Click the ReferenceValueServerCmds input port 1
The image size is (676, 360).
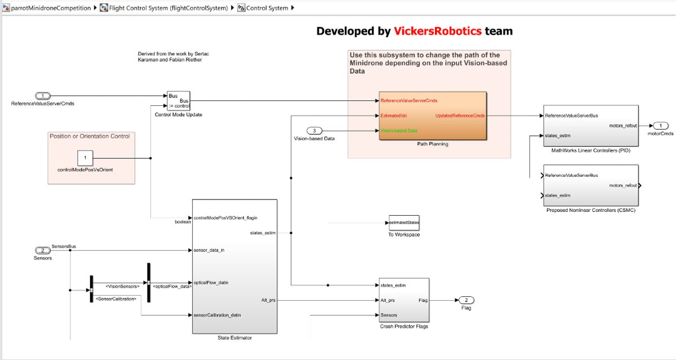click(43, 96)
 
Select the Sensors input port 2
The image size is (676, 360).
click(42, 250)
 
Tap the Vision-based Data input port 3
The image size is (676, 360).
click(314, 131)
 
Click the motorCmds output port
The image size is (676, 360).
click(660, 126)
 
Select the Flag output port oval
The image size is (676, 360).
click(466, 300)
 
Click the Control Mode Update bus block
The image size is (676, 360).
click(178, 100)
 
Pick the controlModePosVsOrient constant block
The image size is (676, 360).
click(85, 158)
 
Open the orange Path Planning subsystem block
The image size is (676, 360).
click(433, 115)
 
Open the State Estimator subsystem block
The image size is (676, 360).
click(234, 266)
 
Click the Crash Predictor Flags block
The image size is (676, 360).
click(404, 300)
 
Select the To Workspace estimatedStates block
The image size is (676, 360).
click(404, 223)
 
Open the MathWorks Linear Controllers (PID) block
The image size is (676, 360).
click(590, 126)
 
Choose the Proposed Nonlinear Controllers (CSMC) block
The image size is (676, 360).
click(590, 185)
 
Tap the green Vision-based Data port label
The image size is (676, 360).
click(399, 131)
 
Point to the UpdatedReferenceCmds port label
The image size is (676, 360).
click(460, 115)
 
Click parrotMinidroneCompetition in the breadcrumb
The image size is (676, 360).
click(51, 8)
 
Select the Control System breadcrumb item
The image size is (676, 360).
click(267, 8)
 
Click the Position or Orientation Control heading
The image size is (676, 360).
click(90, 136)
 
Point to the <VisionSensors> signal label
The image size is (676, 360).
click(122, 286)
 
